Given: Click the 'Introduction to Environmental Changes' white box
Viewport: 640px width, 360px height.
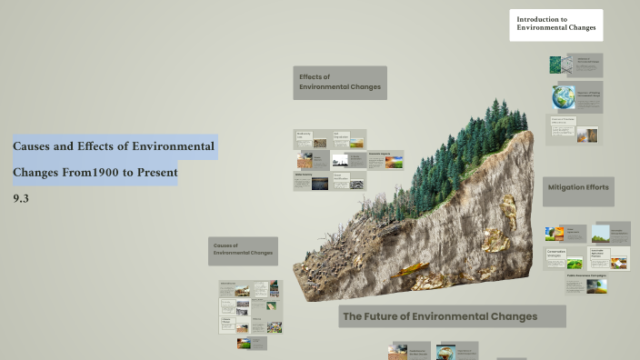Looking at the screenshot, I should (x=555, y=25).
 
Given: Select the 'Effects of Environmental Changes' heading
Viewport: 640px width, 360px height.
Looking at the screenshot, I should (x=339, y=83).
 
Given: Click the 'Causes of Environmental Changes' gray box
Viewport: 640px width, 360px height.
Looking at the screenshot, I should (x=242, y=250).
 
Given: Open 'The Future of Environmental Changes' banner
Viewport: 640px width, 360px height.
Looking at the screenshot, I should (x=452, y=316).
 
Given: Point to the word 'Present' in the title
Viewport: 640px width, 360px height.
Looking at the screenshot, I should (x=154, y=172).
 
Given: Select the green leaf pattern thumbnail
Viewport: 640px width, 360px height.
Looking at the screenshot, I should (x=561, y=65).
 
